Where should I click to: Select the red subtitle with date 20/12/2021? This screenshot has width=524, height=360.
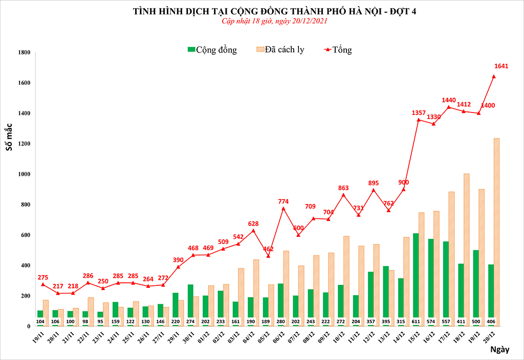pos(274,21)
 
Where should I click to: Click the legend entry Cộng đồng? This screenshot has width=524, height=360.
pos(212,50)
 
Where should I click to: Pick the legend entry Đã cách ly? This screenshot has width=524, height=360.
pos(279,50)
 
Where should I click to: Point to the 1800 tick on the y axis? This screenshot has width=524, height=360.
pos(24,53)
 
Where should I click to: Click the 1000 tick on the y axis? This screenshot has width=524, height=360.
pos(24,174)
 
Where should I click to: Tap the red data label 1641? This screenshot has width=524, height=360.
pos(501,66)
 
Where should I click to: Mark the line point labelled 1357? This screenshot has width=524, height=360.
pos(419,120)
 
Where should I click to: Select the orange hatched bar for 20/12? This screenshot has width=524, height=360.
pos(496,231)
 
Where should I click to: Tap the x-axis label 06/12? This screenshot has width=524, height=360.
pos(278,337)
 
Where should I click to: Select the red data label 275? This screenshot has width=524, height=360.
pos(44,277)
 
